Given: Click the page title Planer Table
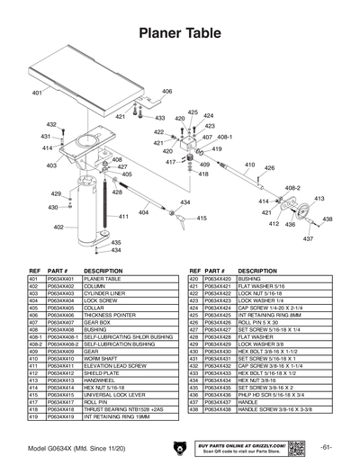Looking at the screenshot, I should pyautogui.click(x=180, y=33).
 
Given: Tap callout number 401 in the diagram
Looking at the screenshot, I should pyautogui.click(x=38, y=94).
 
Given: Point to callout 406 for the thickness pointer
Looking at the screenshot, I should pyautogui.click(x=167, y=92).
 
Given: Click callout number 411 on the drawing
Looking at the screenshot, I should pyautogui.click(x=123, y=217).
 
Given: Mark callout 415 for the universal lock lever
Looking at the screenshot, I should pyautogui.click(x=202, y=218).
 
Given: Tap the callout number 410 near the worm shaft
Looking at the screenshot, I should pyautogui.click(x=249, y=165).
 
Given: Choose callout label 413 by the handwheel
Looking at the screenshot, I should pyautogui.click(x=319, y=199).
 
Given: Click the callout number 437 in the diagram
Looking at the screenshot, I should pyautogui.click(x=308, y=239).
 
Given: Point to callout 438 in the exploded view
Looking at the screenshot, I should pyautogui.click(x=328, y=219).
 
